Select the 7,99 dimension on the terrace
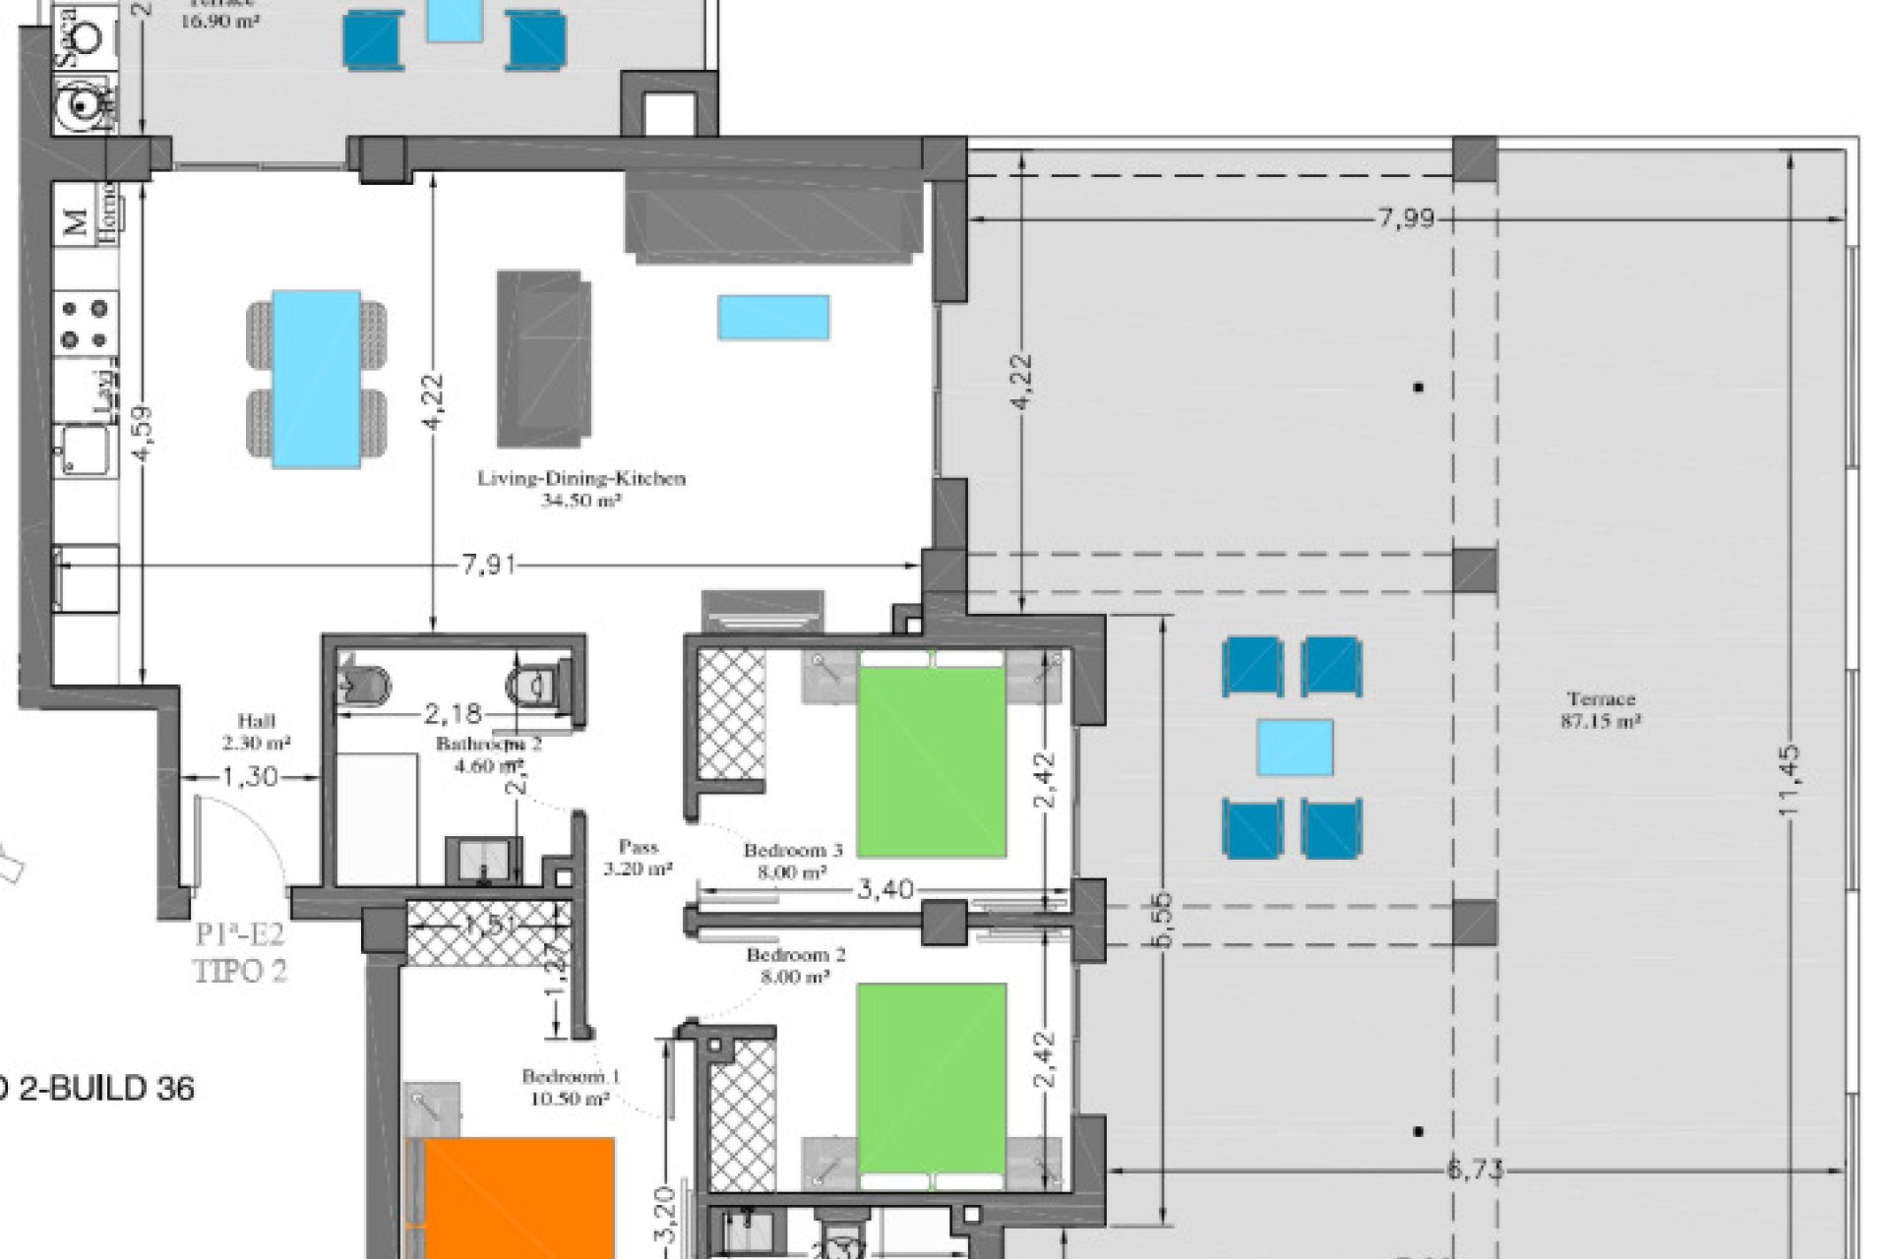[1405, 218]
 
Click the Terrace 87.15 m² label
[1601, 709]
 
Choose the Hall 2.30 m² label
[256, 731]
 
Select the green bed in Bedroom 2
[932, 1078]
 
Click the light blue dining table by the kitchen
[316, 379]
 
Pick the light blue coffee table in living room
[773, 318]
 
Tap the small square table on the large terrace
[1295, 748]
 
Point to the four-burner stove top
[85, 325]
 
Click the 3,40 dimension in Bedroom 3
[885, 890]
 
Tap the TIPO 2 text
[241, 971]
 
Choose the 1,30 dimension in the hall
[250, 777]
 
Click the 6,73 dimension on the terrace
[1475, 1169]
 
